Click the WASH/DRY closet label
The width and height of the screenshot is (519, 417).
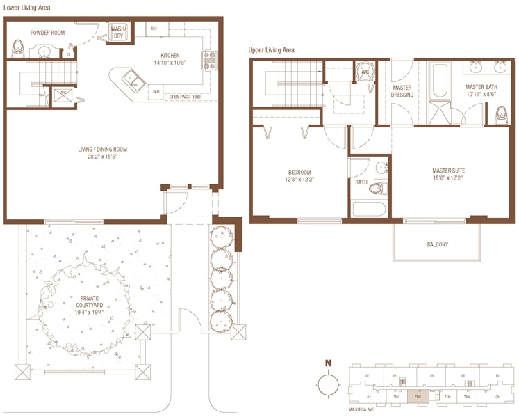pos(118,32)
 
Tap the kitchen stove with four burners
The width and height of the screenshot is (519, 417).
pos(209,61)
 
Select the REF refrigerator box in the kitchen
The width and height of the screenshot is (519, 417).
pos(154,29)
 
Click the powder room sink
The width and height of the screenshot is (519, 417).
pos(47,51)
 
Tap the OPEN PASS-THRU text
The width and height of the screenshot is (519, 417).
pos(186,96)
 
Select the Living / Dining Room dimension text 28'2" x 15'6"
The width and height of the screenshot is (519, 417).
pos(102,157)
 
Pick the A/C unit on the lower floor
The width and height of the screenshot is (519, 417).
pos(63,95)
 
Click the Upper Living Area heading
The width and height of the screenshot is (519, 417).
pos(271,50)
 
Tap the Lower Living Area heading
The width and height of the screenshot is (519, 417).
pos(26,8)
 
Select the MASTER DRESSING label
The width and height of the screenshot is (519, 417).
pos(402,91)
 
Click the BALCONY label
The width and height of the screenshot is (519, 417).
pos(437,244)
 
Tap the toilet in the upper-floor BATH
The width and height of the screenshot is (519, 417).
pos(377,188)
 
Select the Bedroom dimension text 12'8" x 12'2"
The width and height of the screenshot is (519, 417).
pos(299,179)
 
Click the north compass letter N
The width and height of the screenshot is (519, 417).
pos(327,363)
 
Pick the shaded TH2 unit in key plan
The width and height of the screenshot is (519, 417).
pos(417,398)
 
